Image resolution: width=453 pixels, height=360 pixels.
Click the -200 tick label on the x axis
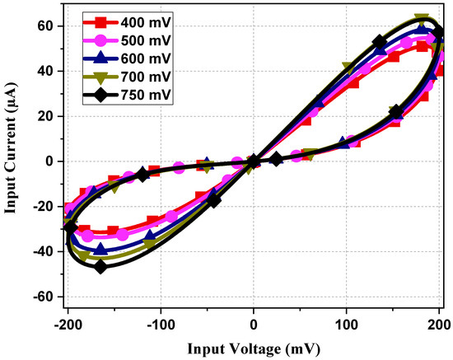click(68, 324)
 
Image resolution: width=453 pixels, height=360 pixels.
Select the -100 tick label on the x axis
click(161, 324)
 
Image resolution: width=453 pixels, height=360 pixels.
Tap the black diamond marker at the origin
click(254, 161)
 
